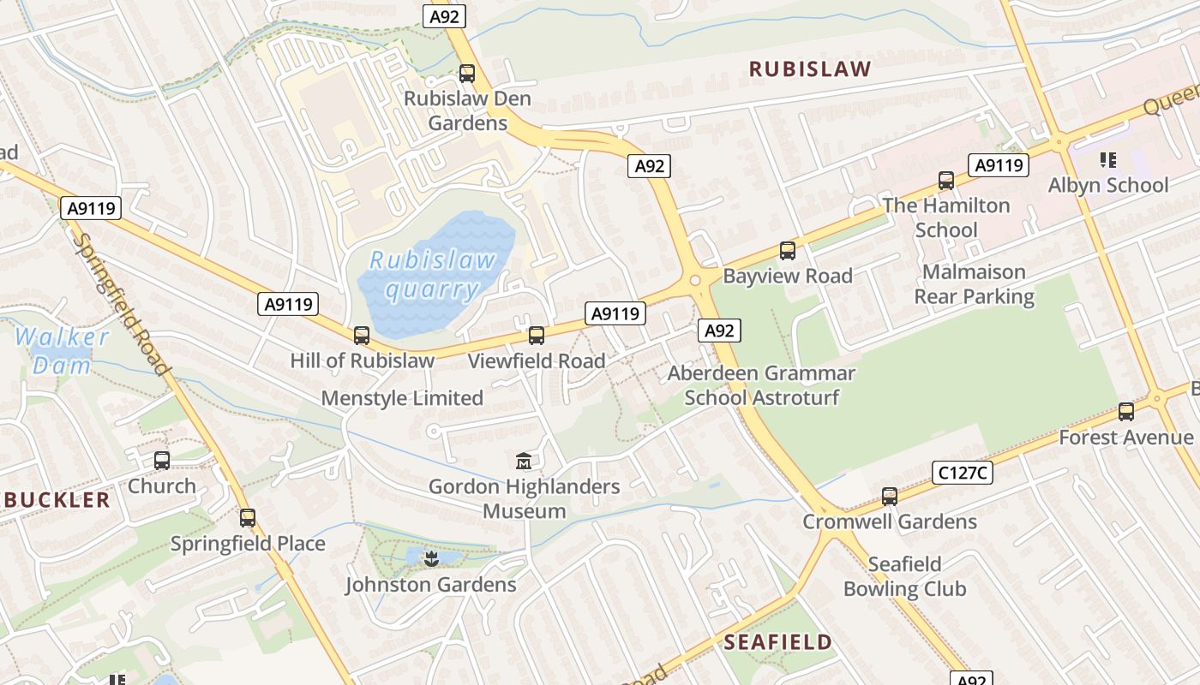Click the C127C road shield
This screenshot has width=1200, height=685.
[x=962, y=472]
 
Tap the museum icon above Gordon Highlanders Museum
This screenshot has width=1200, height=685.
[x=524, y=462]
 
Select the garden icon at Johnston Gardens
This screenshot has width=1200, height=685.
[x=430, y=559]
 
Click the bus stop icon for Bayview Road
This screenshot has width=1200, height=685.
[x=787, y=251]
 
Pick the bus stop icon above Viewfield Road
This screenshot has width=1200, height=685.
[x=537, y=336]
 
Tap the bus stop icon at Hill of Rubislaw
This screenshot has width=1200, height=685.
[x=362, y=336]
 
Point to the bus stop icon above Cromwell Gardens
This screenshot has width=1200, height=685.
[x=890, y=497]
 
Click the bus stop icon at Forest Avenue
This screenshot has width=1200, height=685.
[x=1126, y=412]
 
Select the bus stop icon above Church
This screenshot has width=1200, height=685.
[x=162, y=461]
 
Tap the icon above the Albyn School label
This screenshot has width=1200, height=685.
[x=1107, y=160]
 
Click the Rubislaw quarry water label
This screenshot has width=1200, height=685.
[x=431, y=274]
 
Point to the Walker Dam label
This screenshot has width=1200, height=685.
[x=62, y=350]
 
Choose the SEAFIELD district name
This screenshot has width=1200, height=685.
[x=777, y=642]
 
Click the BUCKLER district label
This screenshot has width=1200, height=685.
[x=55, y=500]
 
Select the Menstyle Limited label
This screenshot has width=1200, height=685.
[x=402, y=398]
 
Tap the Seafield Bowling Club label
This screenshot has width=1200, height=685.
[x=904, y=576]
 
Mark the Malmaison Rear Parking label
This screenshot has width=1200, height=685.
[x=974, y=284]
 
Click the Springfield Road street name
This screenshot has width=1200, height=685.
[x=120, y=303]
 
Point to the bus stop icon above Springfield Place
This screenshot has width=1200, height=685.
[x=248, y=518]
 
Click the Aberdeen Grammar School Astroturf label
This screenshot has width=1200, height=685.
[x=761, y=385]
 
